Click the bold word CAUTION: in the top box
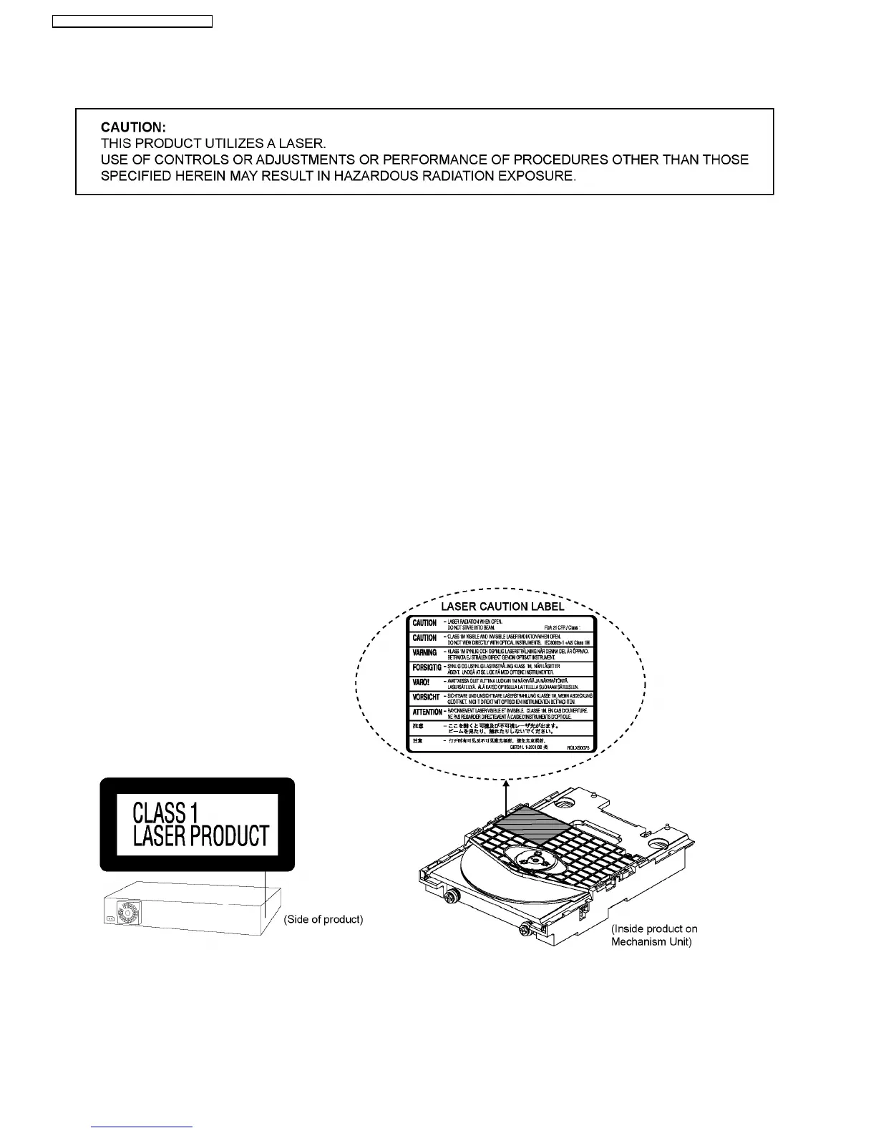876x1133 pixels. click(133, 127)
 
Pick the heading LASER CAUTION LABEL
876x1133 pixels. click(502, 607)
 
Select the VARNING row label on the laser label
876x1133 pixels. click(424, 653)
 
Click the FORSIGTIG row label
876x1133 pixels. click(427, 668)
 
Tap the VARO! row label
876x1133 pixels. click(422, 682)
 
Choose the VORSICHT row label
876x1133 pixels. click(426, 697)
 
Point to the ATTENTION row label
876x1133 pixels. click(427, 712)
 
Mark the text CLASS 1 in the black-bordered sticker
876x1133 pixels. click(165, 813)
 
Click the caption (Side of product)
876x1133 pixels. click(323, 919)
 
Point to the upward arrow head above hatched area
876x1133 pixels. click(506, 784)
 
